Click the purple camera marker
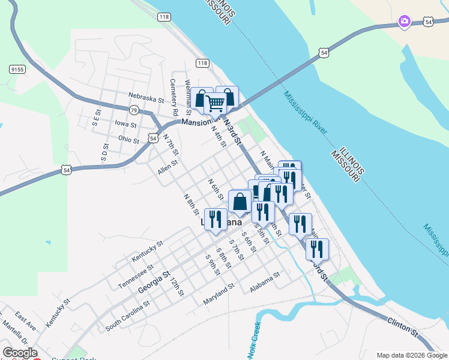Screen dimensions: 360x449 (x=405, y=22)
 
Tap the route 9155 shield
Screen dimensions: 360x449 (x=17, y=70)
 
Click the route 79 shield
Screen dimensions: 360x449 (x=134, y=110)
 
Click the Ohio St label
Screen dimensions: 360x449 (x=128, y=140)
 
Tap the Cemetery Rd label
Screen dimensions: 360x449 (x=174, y=98)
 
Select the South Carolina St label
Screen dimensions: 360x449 (x=128, y=316)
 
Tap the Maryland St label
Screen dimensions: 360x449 (x=218, y=293)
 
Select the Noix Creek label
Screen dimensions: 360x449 (x=254, y=340)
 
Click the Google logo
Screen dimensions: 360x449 (x=19, y=353)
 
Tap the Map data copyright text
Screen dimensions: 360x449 (x=411, y=355)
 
